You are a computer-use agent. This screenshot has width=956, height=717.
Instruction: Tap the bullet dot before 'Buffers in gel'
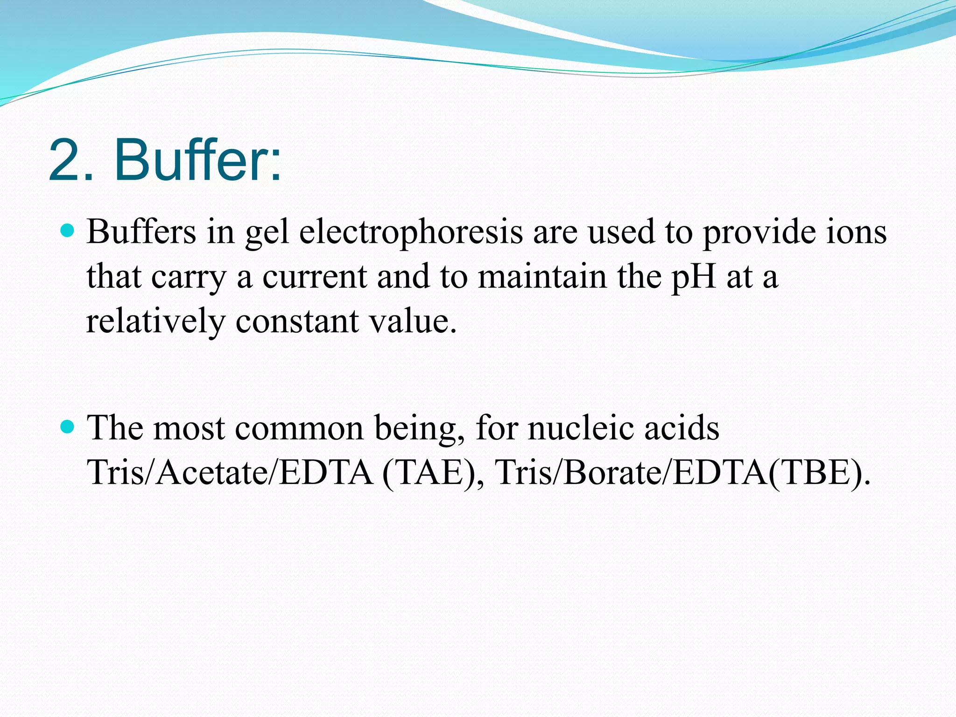coord(68,231)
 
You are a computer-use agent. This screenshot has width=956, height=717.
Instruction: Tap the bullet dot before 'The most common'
coord(68,427)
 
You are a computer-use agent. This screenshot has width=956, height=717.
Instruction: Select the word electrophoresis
coord(411,232)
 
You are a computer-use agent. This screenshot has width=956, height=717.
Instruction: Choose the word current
coord(315,277)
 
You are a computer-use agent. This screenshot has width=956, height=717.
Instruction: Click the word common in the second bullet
coord(299,428)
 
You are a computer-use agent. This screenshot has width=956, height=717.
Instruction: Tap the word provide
coord(759,232)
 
